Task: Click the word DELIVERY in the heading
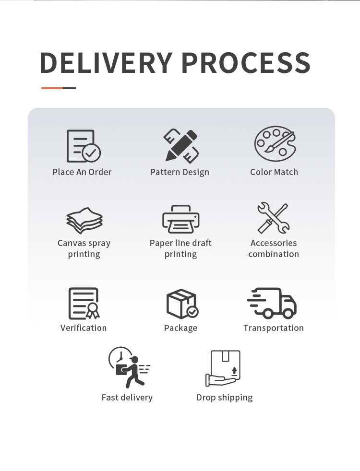106,62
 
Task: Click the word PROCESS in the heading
246,62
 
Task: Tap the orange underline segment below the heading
52,88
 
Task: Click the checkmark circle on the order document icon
91,153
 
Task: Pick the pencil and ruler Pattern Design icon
180,145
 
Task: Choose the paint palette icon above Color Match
274,144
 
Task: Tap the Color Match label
274,172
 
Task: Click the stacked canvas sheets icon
84,220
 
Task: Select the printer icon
180,219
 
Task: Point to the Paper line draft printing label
180,248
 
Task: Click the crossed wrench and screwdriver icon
273,218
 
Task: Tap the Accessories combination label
274,248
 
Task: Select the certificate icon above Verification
84,303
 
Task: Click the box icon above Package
181,304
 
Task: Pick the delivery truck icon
273,303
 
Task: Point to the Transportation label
274,328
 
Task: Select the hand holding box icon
223,368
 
